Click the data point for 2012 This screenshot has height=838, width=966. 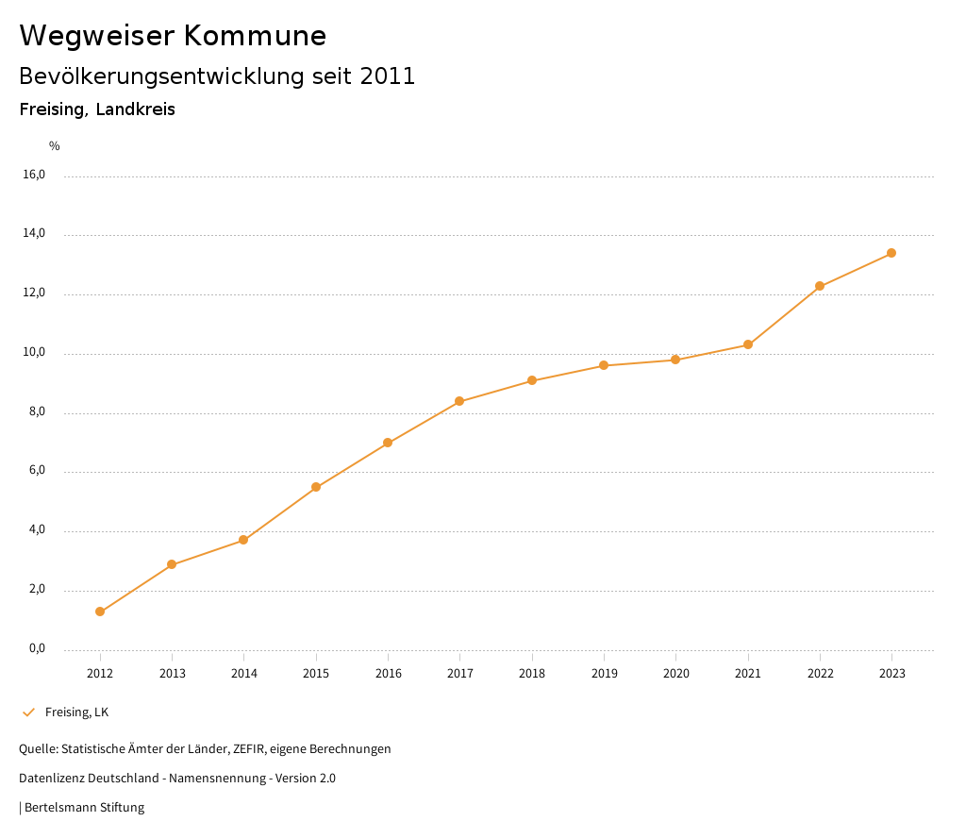point(100,612)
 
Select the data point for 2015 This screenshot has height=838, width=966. point(316,487)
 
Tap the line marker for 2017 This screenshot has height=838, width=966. point(459,401)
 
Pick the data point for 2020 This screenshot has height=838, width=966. point(675,360)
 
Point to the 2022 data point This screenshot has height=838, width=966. point(820,286)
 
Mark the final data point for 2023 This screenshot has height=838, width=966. point(891,253)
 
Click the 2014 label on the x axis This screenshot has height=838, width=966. point(244,673)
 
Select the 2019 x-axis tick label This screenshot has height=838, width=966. point(604,673)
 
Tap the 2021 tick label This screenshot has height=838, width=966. point(748,673)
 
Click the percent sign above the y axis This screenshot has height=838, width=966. point(55,145)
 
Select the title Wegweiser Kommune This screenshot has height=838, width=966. point(173,36)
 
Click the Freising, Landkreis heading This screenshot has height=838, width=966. point(97,109)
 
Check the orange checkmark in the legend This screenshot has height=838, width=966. point(28,712)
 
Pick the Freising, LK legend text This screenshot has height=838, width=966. point(76,712)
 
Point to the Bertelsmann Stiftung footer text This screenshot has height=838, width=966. point(84,808)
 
